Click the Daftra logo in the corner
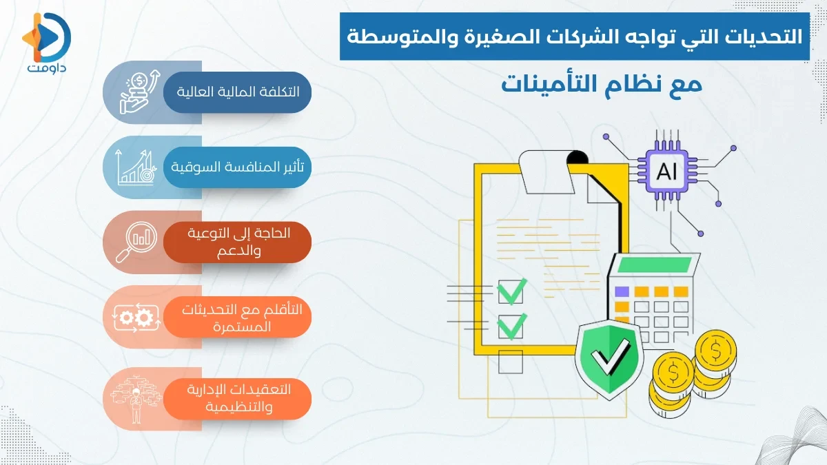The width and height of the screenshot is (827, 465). coord(46,43)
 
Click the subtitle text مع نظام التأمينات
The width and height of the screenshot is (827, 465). coord(601,85)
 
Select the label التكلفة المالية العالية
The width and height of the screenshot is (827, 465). coord(238,91)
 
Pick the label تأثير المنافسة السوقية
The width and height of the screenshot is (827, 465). coord(238,167)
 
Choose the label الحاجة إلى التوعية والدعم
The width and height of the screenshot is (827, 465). coord(238,241)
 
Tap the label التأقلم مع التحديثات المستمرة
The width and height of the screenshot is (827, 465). coord(238,317)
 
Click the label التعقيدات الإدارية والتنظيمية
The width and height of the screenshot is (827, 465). coord(238,398)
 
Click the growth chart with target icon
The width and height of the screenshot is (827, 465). coord(134,167)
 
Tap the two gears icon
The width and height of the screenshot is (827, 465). coord(134,317)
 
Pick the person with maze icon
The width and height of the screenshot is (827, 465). coord(134,398)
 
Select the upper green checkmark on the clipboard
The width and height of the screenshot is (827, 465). coord(512,291)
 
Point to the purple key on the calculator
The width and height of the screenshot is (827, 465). coord(622,291)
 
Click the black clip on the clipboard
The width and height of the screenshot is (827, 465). coord(577,159)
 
